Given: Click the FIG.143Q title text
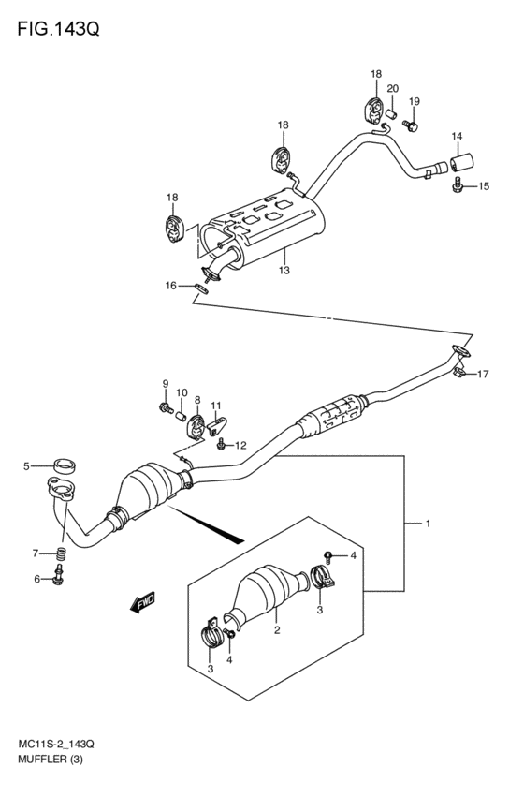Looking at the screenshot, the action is coord(58,29).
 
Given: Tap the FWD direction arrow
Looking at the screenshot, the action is coord(142,602).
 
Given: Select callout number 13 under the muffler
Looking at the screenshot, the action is coord(284,270).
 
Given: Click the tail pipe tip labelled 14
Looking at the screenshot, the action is coord(461,163).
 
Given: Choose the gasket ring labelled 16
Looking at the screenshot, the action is coord(201,288).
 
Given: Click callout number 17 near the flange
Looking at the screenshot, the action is coord(483,374).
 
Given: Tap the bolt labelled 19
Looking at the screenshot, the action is coord(410,125).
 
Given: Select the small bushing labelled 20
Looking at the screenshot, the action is coord(390,113).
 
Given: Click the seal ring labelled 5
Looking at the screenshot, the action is coord(64,465).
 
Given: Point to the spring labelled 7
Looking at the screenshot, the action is coord(61,553).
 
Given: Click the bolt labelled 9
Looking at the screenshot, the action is coord(166,406).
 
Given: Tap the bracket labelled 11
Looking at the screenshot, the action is coord(217,423).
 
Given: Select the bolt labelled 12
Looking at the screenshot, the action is coord(222,444).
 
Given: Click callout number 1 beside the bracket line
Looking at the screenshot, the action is coord(428,523).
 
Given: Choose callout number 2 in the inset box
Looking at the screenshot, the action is coord(277,630).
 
